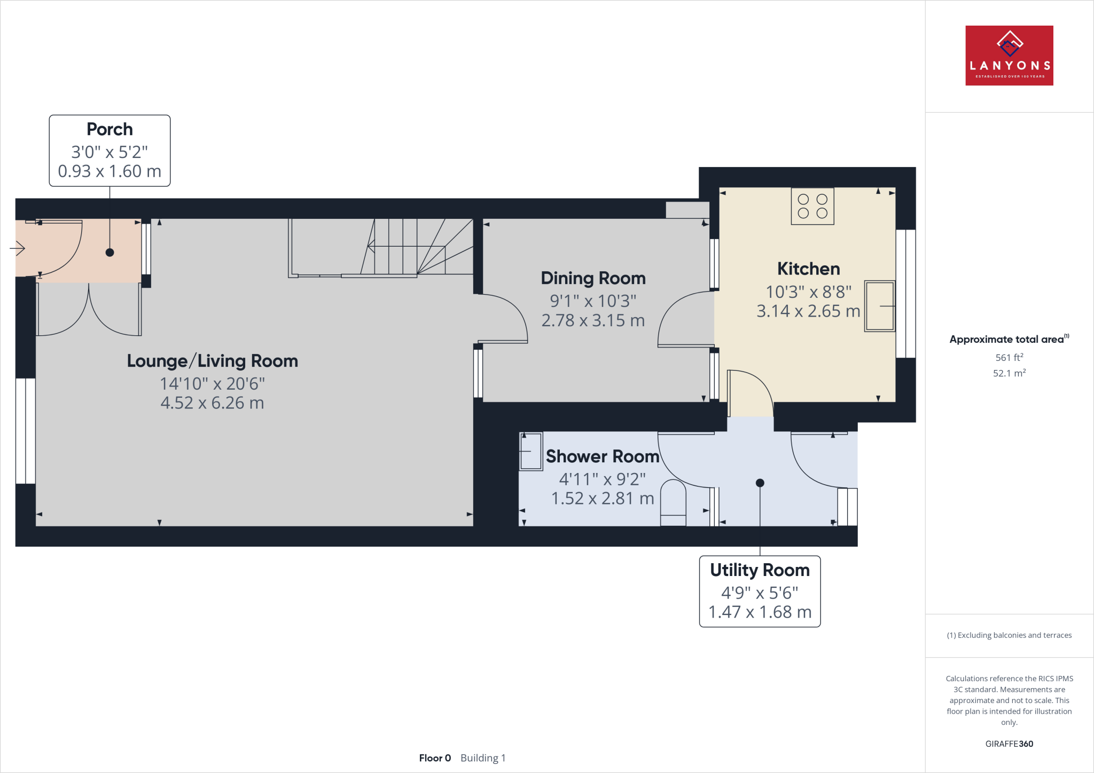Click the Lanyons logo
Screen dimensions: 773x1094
click(1009, 56)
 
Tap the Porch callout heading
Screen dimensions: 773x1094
click(110, 129)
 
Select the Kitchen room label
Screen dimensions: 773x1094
click(808, 269)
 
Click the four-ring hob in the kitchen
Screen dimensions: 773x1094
click(812, 206)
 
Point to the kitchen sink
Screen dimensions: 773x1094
click(879, 306)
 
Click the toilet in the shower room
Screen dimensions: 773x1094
click(673, 503)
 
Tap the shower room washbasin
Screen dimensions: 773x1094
click(531, 451)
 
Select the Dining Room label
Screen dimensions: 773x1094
click(593, 278)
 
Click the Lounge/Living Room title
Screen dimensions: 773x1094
click(212, 361)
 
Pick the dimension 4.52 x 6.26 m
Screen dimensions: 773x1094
click(212, 403)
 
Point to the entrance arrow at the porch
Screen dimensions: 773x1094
click(18, 248)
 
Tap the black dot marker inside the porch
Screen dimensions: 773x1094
click(110, 253)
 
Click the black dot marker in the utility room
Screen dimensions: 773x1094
click(760, 483)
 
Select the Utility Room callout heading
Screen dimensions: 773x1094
click(760, 570)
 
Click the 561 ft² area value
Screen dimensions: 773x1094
click(1009, 358)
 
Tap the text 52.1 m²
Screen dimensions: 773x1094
click(1009, 373)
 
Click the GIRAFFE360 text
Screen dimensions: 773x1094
click(1009, 744)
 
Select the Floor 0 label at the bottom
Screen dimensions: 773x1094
click(435, 758)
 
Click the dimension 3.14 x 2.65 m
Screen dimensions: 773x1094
click(808, 311)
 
